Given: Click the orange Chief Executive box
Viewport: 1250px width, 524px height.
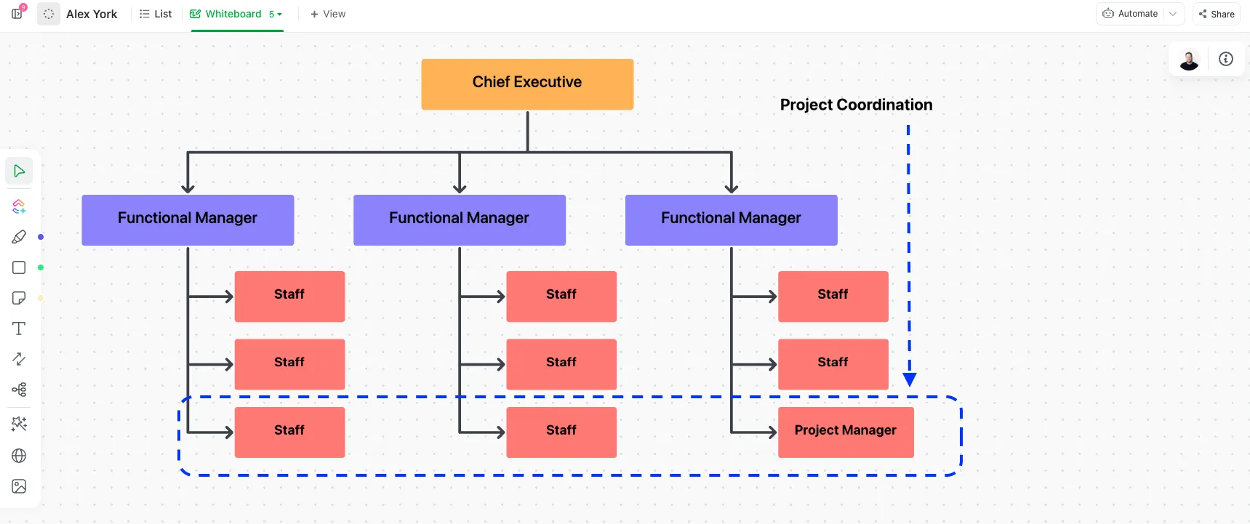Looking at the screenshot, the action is click(527, 84).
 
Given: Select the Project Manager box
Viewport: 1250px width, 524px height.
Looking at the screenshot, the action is click(846, 432).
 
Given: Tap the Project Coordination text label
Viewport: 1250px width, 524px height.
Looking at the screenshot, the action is click(856, 105).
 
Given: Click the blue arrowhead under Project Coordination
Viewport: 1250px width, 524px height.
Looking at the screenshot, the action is click(909, 379).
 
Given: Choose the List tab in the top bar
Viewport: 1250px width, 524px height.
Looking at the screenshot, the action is click(156, 14).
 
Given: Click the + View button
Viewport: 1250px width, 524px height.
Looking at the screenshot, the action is click(328, 14).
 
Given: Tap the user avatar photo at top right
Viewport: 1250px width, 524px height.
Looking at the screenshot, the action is click(1189, 60).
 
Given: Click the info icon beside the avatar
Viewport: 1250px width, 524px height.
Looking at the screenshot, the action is click(1226, 59).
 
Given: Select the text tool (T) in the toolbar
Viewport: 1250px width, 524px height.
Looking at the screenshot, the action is click(19, 328).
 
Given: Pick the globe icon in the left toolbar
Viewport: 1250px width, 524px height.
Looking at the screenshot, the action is click(19, 456).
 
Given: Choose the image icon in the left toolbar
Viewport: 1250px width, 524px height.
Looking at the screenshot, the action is click(19, 486).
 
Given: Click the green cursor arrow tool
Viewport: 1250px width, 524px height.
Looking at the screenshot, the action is click(19, 171).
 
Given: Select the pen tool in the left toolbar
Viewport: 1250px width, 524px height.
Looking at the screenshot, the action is click(19, 237).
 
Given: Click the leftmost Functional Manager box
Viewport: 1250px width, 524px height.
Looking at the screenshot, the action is click(188, 220).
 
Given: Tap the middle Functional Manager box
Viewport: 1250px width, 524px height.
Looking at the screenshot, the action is click(460, 220).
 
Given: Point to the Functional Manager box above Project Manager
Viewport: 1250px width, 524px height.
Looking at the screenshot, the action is click(732, 220).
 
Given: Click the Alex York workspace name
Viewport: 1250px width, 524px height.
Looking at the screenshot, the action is click(92, 14).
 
